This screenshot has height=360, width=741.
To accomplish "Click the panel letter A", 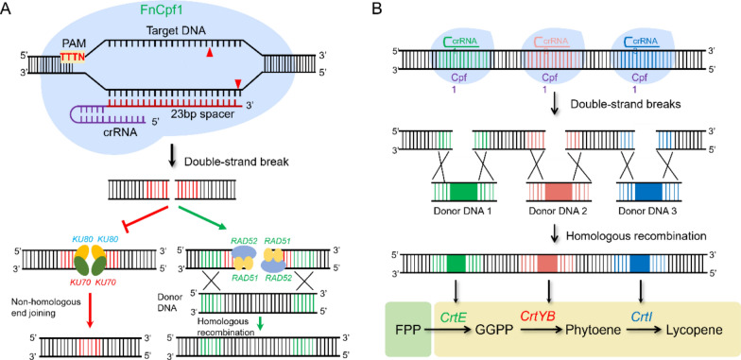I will click(9, 9).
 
